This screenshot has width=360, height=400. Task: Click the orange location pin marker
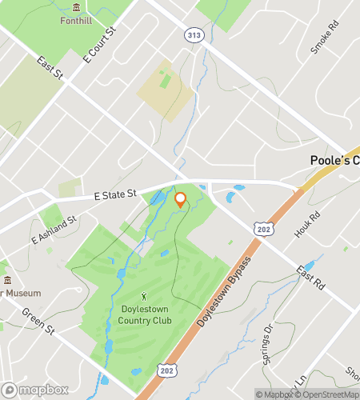180,200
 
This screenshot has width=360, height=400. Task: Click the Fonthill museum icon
76,7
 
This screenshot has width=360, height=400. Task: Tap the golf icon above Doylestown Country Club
144,297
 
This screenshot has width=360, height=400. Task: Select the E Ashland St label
53,230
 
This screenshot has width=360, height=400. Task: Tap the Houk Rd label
307,223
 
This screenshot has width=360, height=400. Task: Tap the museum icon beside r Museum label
7,280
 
